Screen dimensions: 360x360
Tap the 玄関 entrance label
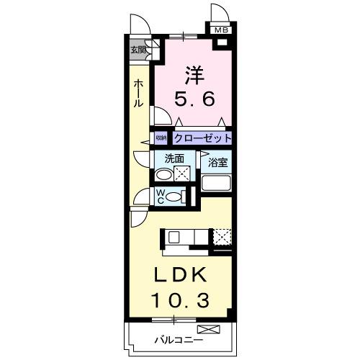click(138, 50)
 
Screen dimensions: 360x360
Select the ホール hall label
click(138, 93)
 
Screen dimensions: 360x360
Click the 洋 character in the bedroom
click(194, 74)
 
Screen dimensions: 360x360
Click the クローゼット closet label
click(202, 138)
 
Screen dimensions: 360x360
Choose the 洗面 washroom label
click(174, 158)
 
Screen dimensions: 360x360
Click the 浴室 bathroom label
click(217, 163)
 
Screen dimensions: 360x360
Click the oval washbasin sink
click(165, 175)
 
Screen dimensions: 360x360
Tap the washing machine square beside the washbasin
click(182, 173)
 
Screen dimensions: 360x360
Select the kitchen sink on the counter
click(174, 237)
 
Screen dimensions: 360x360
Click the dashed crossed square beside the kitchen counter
click(222, 237)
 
